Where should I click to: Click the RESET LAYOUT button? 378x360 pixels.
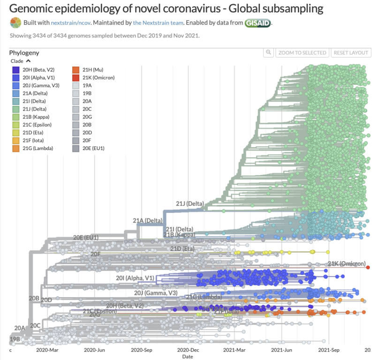351,53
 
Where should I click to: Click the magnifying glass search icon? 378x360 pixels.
268,53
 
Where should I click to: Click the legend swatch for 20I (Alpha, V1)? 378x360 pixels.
15,77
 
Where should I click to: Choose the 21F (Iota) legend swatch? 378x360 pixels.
15,141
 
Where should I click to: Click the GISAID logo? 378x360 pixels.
257,22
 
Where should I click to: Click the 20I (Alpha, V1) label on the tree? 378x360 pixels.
135,278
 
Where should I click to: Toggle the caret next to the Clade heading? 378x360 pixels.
28,61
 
